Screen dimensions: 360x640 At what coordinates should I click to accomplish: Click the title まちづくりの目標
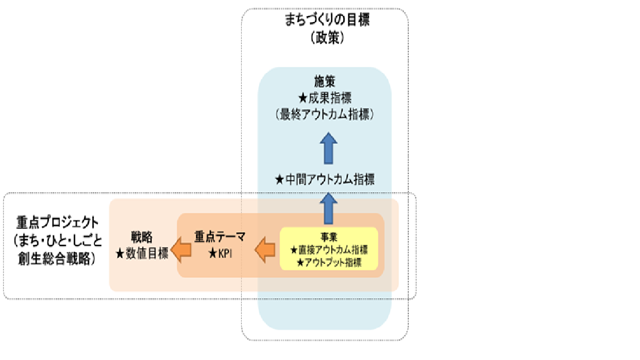tap(327, 21)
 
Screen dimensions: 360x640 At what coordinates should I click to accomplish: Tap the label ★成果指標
tap(326, 99)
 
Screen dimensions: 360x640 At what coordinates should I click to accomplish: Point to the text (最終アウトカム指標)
tap(326, 114)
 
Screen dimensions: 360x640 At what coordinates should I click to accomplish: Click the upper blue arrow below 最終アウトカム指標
tap(329, 148)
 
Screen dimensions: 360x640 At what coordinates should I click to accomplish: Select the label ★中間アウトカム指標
tap(326, 179)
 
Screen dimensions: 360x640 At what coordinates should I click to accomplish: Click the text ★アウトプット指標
tap(329, 262)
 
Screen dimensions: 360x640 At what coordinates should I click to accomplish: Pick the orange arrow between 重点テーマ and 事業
tap(266, 251)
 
